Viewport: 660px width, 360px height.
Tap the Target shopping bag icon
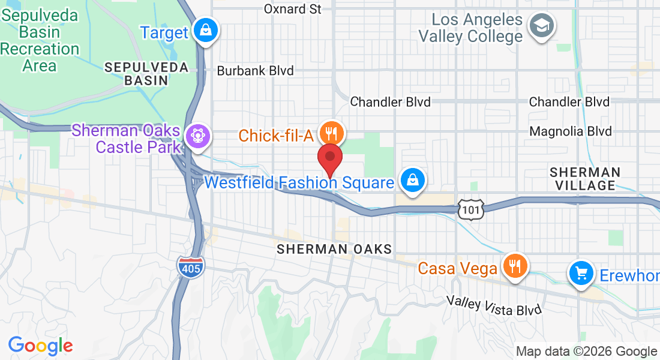(206, 29)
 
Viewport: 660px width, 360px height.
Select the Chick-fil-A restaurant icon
(330, 132)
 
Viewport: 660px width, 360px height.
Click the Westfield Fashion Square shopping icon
(413, 180)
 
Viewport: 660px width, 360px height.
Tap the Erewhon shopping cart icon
(580, 274)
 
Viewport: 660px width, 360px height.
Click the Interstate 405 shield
(191, 266)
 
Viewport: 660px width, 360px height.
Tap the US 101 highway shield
(470, 209)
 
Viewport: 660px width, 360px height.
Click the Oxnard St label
(293, 9)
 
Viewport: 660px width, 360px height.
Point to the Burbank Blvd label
(255, 71)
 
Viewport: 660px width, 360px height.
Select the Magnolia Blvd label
(570, 131)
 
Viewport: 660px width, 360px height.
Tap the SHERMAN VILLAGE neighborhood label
(585, 179)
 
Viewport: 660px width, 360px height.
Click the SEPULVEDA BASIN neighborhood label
(147, 73)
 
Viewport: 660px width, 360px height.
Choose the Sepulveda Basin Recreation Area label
(40, 40)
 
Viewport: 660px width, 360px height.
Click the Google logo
(40, 346)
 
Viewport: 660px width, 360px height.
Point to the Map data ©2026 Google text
(586, 352)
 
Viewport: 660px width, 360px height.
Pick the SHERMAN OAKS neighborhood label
(334, 249)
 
